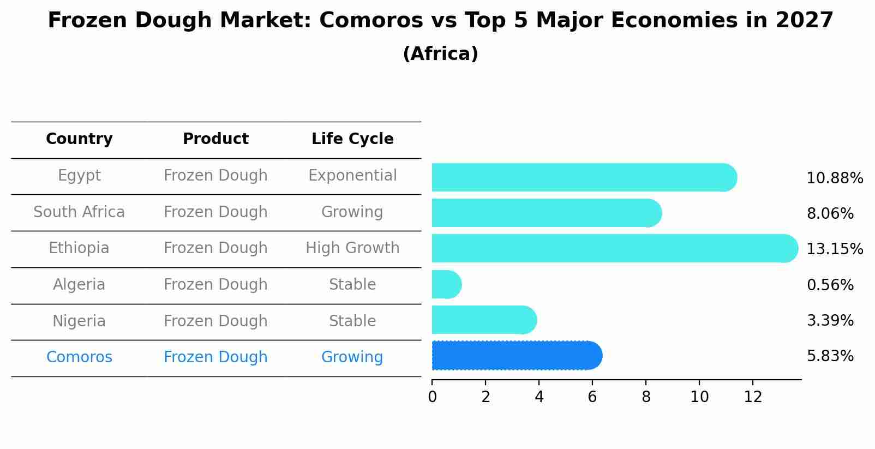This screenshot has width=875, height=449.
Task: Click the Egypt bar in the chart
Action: (x=584, y=177)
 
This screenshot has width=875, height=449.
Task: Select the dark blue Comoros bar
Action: (x=517, y=356)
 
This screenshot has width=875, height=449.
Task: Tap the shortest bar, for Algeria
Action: (x=446, y=284)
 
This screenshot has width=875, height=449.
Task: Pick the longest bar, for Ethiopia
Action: (x=614, y=248)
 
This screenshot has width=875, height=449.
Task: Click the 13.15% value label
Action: (x=834, y=249)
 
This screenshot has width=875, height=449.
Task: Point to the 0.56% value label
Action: (x=830, y=285)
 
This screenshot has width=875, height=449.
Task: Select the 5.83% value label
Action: (x=830, y=356)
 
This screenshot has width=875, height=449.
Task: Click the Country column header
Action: (x=79, y=139)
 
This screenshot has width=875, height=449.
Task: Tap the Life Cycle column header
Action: (x=352, y=139)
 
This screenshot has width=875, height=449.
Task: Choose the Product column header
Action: (x=215, y=139)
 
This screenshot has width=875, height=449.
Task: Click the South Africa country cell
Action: (x=79, y=212)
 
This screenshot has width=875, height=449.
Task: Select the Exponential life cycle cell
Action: (x=352, y=176)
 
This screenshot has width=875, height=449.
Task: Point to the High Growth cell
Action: (x=352, y=248)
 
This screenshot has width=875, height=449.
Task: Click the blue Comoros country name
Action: (x=79, y=357)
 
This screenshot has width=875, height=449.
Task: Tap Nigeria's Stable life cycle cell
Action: (x=352, y=321)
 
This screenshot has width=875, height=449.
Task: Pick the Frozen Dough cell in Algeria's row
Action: (x=215, y=285)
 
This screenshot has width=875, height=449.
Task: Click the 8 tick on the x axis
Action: (x=646, y=397)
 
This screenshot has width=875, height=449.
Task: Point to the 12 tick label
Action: (x=753, y=397)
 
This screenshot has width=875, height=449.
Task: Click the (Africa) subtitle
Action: (x=440, y=54)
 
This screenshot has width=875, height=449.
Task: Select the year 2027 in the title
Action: (x=804, y=21)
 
